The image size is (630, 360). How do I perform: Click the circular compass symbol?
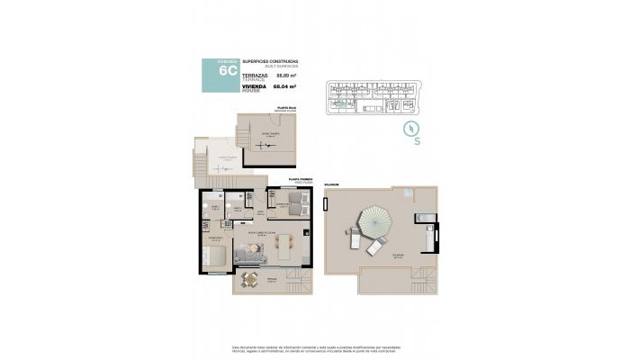[x=413, y=126]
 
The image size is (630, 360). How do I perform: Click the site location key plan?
[x=375, y=95]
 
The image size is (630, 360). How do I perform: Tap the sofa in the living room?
[x=249, y=258]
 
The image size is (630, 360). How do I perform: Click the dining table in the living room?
[x=284, y=244]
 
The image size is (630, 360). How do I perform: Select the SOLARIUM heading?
[x=331, y=186]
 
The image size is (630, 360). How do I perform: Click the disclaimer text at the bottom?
[x=314, y=347]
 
